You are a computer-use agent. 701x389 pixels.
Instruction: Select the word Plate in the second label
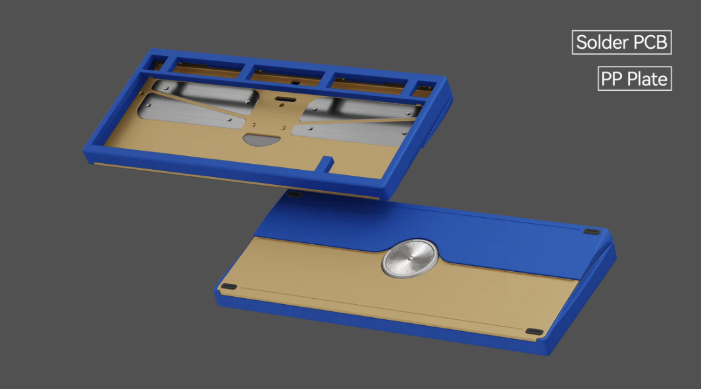tap(647, 79)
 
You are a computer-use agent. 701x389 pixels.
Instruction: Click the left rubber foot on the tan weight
tap(228, 287)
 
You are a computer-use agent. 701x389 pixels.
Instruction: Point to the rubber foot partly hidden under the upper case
tap(294, 194)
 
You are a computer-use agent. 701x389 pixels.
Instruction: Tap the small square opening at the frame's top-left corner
tap(158, 64)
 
